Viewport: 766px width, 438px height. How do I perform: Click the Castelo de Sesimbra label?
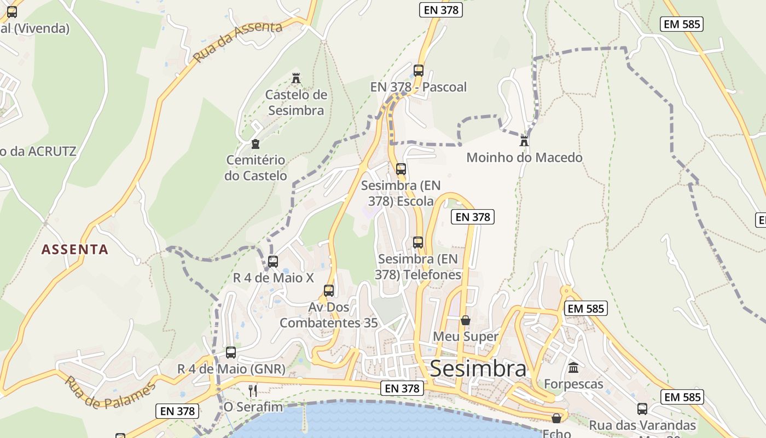click(x=296, y=102)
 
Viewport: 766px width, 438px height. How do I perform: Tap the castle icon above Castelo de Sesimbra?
click(x=296, y=78)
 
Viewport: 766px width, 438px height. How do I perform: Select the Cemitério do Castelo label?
click(x=256, y=168)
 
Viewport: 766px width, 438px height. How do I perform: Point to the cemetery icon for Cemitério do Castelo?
click(x=255, y=144)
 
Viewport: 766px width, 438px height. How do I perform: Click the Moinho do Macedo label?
click(x=524, y=158)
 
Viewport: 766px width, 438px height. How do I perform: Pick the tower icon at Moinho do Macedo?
click(x=524, y=141)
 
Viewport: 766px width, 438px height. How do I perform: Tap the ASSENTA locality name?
click(x=75, y=250)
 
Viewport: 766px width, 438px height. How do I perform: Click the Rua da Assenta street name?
click(x=237, y=42)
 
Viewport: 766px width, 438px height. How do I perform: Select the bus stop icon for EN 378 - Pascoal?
click(x=419, y=70)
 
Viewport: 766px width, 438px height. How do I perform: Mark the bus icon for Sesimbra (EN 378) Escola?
click(x=401, y=169)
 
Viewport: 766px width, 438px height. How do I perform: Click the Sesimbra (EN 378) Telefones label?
click(x=419, y=267)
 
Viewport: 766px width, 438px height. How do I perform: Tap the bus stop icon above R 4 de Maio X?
click(x=273, y=261)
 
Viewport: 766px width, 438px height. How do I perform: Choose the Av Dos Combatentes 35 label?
click(x=328, y=315)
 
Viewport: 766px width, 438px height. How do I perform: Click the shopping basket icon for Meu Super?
click(x=466, y=320)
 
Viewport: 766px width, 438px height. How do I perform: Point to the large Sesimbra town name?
click(x=478, y=368)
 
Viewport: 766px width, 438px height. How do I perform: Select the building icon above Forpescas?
click(x=573, y=367)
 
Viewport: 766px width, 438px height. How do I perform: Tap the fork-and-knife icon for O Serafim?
click(x=253, y=390)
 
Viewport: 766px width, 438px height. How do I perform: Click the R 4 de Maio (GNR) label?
click(x=231, y=369)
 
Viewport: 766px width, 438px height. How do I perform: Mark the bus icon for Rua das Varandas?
click(x=642, y=408)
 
